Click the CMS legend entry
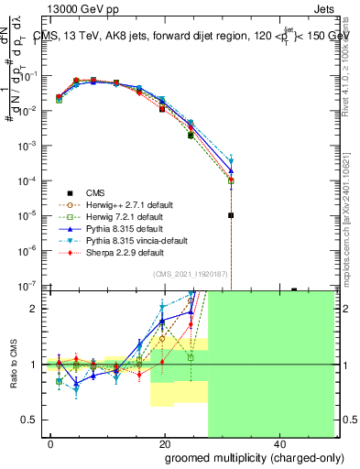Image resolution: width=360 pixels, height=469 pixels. coord(94,192)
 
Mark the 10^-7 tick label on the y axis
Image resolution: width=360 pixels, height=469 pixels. coord(28,286)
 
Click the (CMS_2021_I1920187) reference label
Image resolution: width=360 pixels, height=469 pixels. coord(189,275)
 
